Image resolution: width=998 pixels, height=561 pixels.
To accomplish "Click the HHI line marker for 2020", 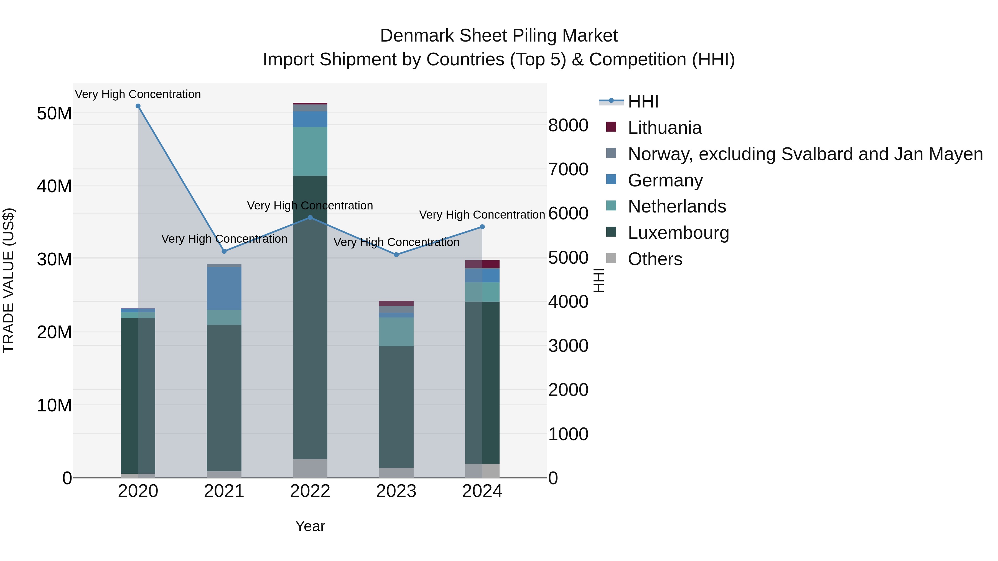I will point(138,106).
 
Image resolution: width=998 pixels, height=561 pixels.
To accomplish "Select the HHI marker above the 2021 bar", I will point(224,251).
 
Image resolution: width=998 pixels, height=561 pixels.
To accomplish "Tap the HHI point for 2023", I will point(396,255).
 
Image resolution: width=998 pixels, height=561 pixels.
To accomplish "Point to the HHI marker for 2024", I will point(482,227).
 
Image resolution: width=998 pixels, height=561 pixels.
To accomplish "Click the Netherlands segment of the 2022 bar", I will point(310,151).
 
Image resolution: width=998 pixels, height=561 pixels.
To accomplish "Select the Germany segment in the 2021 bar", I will point(224,288).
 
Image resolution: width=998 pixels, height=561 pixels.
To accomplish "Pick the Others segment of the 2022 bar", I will point(310,468).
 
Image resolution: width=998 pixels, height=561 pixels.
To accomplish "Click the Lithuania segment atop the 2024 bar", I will point(482,264).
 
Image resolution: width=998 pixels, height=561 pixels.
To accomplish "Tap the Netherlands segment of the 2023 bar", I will point(396,332).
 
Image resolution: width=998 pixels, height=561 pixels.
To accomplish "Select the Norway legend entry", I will point(805,154).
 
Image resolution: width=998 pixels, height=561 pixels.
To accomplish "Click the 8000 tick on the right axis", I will point(568,125).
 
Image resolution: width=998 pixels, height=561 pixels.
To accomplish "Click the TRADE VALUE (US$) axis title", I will point(9,280).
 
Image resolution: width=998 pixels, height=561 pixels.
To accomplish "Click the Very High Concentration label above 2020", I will point(138,94).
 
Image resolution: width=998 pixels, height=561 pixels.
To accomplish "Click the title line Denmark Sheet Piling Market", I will point(499,36).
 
